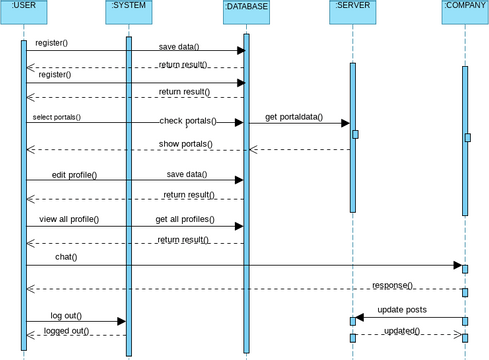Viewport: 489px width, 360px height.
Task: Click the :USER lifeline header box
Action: tap(23, 10)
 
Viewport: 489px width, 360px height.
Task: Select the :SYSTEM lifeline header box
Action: tap(128, 10)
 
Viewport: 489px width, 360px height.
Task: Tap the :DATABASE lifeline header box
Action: tap(246, 10)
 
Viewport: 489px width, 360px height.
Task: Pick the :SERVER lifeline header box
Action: tap(353, 10)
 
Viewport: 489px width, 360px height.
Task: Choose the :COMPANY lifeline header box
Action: tap(465, 10)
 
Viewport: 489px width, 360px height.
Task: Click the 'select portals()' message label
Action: tap(56, 117)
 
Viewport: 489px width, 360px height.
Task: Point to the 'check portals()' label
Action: tap(187, 121)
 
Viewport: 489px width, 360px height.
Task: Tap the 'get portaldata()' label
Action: tap(294, 117)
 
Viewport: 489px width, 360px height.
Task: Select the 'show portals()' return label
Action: tap(186, 144)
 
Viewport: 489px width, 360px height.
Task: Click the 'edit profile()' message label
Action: tap(74, 175)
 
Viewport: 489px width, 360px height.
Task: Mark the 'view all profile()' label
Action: tap(69, 218)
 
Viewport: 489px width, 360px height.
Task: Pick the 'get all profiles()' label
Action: tap(185, 218)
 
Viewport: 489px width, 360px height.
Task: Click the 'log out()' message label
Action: tap(66, 315)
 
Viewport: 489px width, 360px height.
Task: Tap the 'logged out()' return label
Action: tap(66, 330)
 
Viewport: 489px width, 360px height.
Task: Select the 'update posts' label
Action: tap(402, 310)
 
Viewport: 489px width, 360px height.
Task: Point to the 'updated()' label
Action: tap(402, 331)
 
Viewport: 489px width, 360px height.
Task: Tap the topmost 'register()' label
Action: tap(52, 43)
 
